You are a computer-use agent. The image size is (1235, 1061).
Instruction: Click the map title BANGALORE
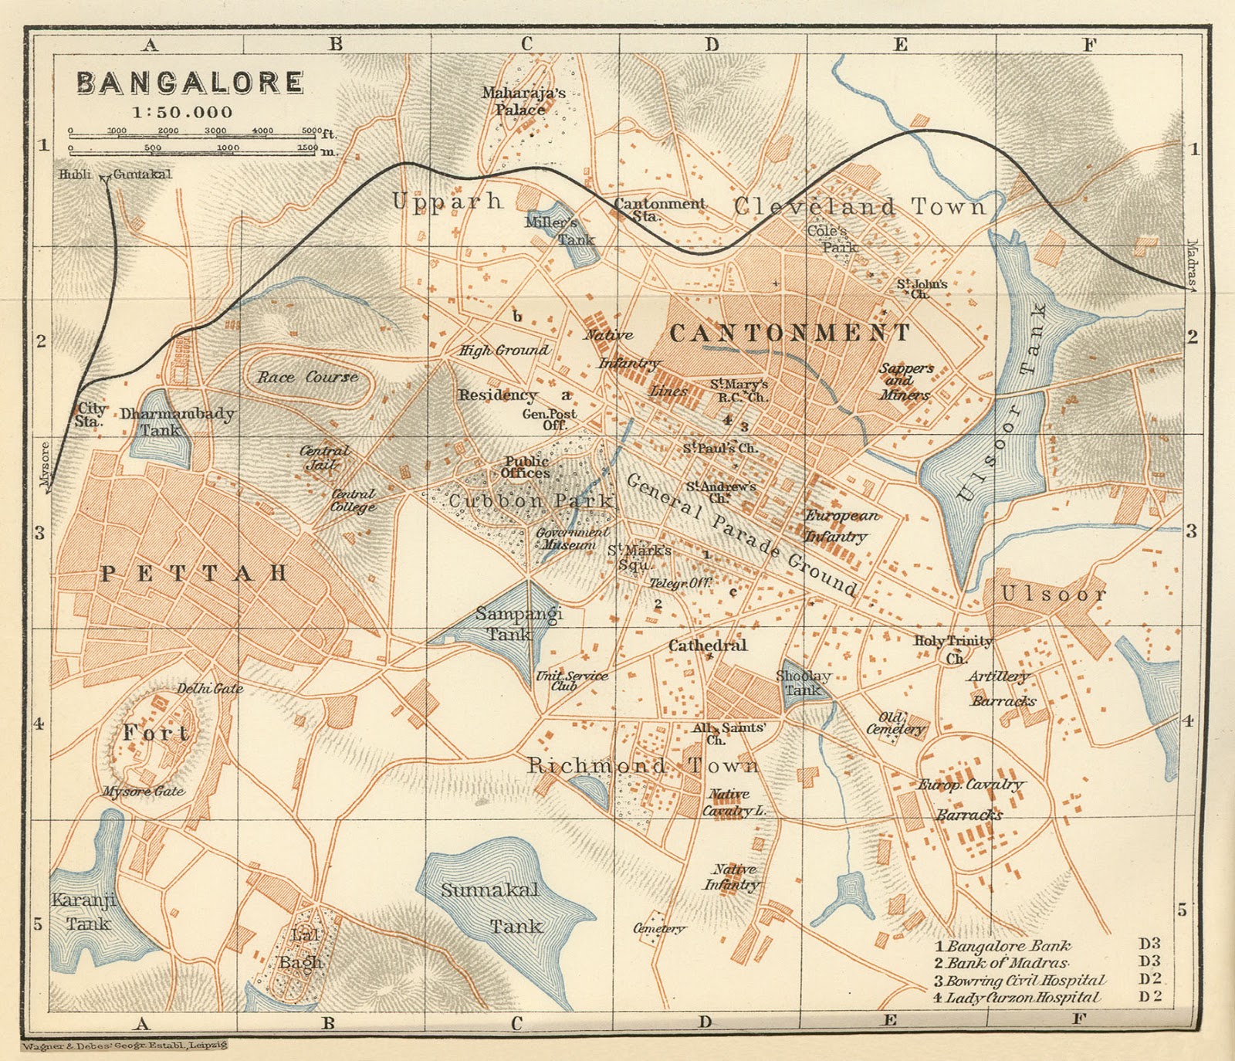190,83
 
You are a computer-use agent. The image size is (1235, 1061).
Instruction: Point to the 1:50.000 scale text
182,113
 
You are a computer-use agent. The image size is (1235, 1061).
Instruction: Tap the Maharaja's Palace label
523,101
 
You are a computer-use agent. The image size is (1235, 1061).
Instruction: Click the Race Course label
307,378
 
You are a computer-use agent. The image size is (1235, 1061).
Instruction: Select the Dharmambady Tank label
176,422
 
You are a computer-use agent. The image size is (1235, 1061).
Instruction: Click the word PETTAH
194,574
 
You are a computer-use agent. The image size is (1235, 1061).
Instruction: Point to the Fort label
156,733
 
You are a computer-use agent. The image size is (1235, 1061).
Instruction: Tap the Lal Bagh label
302,949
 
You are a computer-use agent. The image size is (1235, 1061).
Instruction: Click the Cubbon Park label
531,501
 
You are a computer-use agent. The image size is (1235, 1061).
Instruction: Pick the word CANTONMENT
790,334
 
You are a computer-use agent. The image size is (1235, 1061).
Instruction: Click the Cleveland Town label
860,207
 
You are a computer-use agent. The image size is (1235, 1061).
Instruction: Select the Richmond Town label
643,766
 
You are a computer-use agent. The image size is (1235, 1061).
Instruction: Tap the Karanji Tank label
84,911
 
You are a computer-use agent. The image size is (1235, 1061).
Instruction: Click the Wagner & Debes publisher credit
123,1046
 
